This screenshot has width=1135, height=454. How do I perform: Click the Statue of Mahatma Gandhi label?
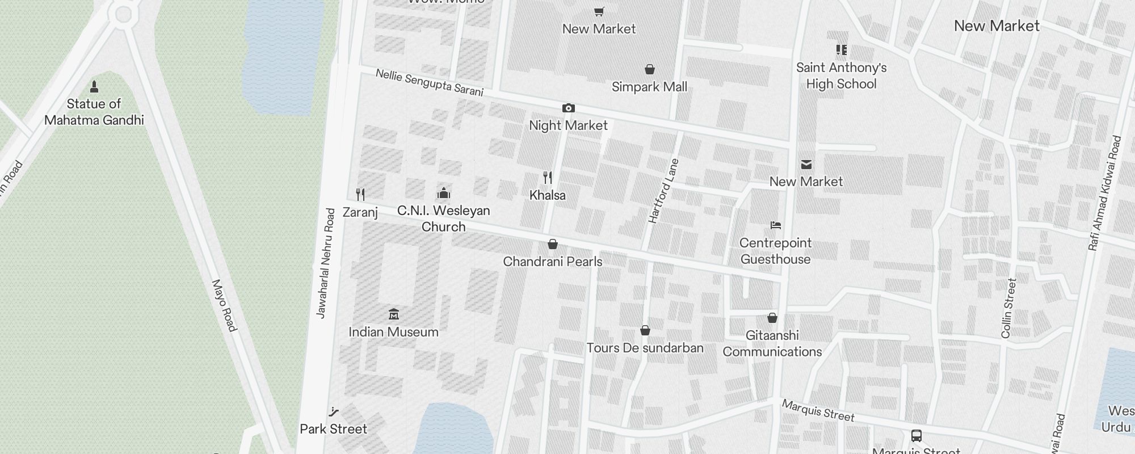click(94, 112)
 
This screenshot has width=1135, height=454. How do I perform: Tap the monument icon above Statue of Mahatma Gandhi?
click(94, 87)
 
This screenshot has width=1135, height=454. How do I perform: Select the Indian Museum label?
click(393, 332)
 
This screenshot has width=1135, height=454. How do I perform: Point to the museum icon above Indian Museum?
click(393, 314)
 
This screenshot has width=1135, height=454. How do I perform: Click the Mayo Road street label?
click(224, 305)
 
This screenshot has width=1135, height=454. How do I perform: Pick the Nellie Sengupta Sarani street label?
click(429, 83)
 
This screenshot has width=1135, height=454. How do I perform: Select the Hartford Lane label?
click(663, 191)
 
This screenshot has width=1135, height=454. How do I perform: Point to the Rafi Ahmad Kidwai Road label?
click(1105, 193)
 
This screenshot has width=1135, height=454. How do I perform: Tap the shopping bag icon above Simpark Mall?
click(650, 69)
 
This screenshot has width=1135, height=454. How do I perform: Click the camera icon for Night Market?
click(568, 108)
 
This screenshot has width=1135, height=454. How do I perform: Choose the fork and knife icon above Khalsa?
click(548, 178)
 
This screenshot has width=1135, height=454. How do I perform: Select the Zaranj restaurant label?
click(360, 212)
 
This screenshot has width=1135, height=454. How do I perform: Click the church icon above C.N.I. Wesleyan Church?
click(444, 194)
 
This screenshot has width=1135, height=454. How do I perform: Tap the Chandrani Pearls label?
click(553, 262)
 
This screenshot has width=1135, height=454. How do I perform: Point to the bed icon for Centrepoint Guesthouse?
click(776, 225)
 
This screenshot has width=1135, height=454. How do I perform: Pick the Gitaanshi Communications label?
click(772, 343)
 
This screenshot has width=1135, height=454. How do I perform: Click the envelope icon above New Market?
click(806, 165)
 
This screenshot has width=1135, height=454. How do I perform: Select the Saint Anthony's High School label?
click(841, 75)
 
